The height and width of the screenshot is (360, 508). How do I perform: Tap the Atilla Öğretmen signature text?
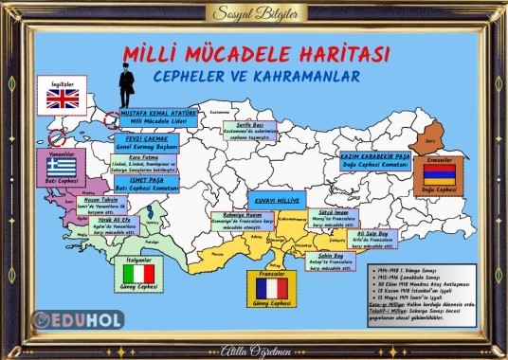click(x=254, y=347)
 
